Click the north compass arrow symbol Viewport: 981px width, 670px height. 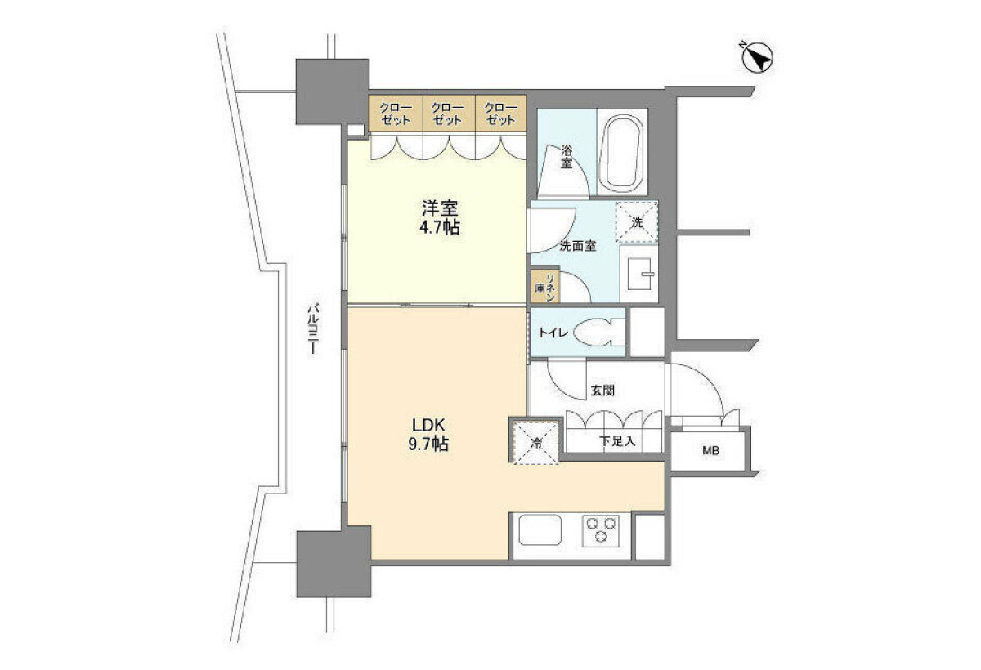pyautogui.click(x=758, y=57)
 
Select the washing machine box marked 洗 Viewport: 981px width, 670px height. pyautogui.click(x=637, y=221)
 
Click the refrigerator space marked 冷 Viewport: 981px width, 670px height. pyautogui.click(x=536, y=442)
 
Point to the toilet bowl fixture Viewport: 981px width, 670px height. pyautogui.click(x=598, y=333)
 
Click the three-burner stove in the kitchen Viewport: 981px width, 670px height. pyautogui.click(x=600, y=531)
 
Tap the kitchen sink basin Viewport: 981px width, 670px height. pyautogui.click(x=540, y=529)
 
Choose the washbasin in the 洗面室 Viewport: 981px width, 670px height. pyautogui.click(x=641, y=274)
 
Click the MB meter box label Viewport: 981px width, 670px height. pyautogui.click(x=710, y=451)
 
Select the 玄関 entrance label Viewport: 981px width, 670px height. pyautogui.click(x=602, y=391)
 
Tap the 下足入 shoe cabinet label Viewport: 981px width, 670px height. pyautogui.click(x=617, y=441)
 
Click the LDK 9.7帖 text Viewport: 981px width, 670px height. pyautogui.click(x=428, y=435)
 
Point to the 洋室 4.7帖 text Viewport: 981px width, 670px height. pyautogui.click(x=440, y=217)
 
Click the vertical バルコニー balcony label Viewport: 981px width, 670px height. pyautogui.click(x=312, y=330)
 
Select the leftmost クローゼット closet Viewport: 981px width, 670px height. pyautogui.click(x=396, y=113)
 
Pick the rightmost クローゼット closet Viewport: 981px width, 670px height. pyautogui.click(x=500, y=113)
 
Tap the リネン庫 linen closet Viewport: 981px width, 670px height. pyautogui.click(x=544, y=287)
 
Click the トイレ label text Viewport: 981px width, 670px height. pyautogui.click(x=553, y=333)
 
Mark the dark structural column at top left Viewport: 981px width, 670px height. pyautogui.click(x=332, y=92)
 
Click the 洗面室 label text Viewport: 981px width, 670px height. pyautogui.click(x=578, y=247)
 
